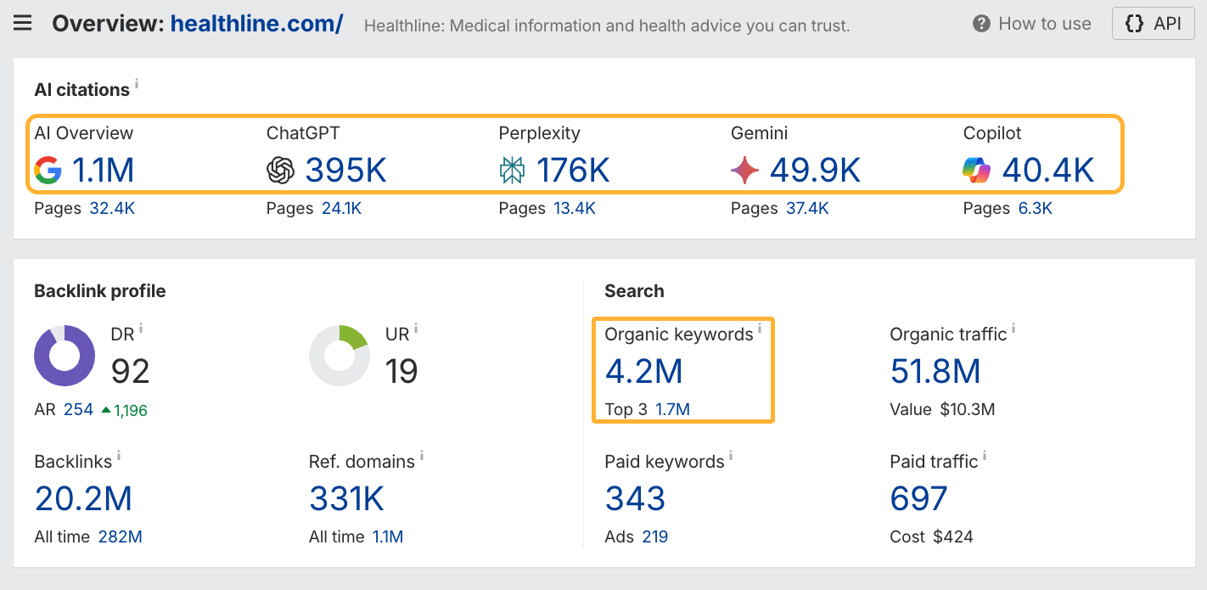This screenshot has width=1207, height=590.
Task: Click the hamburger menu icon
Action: (x=23, y=23)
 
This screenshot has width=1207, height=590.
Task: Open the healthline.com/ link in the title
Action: (x=256, y=23)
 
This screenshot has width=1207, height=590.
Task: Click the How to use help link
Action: (x=1032, y=24)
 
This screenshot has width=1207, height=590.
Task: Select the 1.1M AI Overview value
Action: (x=103, y=171)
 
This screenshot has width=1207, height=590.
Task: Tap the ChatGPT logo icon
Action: (x=280, y=171)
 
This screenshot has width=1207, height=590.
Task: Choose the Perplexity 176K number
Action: (x=573, y=171)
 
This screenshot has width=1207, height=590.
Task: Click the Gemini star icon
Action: (x=744, y=171)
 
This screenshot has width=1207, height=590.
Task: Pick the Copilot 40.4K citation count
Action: (x=1047, y=171)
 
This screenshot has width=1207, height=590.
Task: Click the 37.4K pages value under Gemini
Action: (x=806, y=209)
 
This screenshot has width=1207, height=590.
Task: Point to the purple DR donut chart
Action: (x=65, y=356)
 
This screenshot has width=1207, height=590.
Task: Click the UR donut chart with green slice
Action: (x=339, y=356)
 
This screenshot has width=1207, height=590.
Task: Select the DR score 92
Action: (x=131, y=371)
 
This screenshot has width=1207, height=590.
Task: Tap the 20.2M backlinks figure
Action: (x=83, y=499)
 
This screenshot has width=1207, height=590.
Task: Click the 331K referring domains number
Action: (x=346, y=499)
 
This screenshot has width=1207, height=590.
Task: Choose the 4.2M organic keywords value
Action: (x=643, y=372)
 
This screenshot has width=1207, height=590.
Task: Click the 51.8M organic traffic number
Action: (x=935, y=372)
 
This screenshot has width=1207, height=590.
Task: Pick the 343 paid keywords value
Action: (x=635, y=499)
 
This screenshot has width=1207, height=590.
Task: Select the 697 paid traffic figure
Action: (x=918, y=499)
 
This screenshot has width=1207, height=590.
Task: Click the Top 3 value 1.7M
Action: (x=672, y=410)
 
